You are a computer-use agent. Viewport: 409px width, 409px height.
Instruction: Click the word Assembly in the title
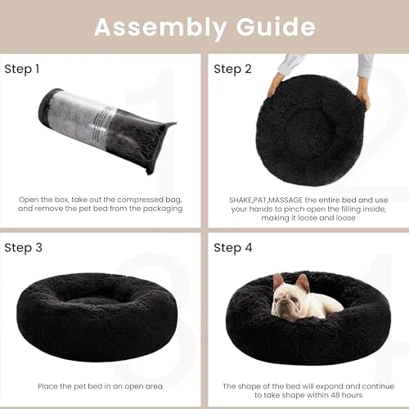160,28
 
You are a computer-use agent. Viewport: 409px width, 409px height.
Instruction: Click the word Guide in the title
276,27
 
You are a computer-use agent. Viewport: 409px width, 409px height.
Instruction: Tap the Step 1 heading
22,69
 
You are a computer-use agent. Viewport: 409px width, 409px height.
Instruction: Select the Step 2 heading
232,69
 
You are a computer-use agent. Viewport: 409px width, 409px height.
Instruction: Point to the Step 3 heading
23,248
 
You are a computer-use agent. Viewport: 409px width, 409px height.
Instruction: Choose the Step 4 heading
233,248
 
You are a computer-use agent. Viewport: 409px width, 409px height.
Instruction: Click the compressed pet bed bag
107,130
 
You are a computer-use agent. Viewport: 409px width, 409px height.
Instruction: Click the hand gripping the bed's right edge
363,97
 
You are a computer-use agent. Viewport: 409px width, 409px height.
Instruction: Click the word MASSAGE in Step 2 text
285,200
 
